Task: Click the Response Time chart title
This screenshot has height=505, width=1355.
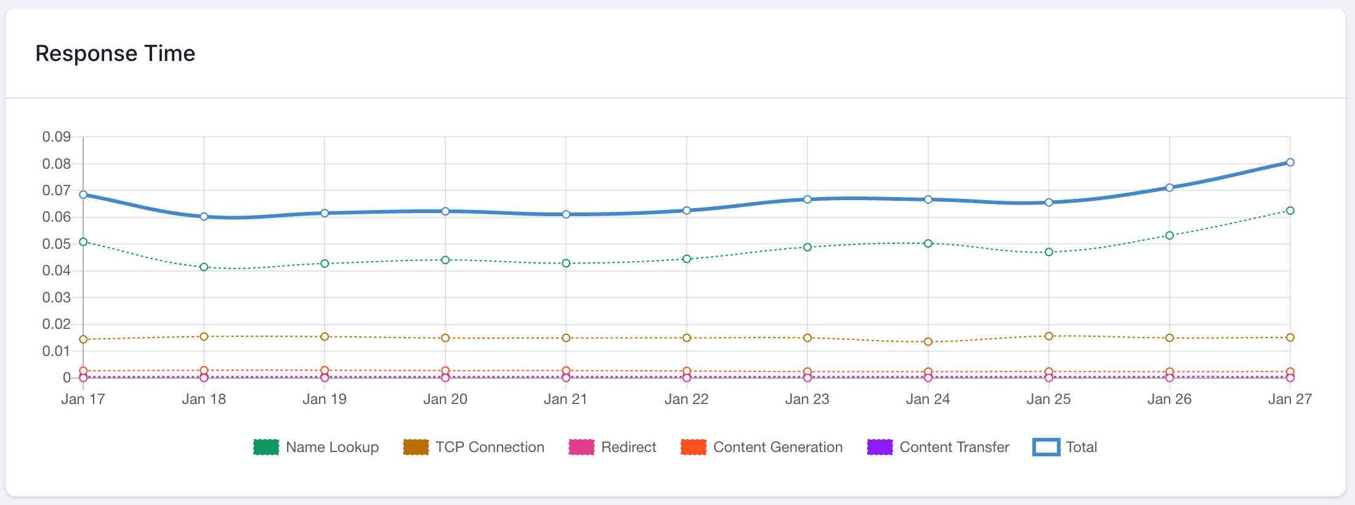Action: (115, 54)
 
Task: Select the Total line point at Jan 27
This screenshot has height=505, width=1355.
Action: (1290, 163)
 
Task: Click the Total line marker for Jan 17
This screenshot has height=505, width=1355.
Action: (83, 195)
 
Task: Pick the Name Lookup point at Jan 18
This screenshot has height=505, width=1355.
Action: (204, 267)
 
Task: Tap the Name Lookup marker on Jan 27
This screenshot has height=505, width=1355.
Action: (1290, 211)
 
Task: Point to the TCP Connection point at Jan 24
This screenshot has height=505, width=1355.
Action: (928, 342)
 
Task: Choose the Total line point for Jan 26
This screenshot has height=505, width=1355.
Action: (1169, 188)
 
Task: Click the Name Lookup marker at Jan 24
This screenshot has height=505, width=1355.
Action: (928, 244)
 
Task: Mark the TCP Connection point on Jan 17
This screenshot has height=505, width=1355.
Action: (83, 339)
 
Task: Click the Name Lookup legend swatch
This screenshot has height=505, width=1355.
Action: (266, 447)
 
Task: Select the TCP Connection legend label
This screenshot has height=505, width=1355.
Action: (490, 447)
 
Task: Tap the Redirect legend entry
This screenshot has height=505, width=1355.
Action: (628, 447)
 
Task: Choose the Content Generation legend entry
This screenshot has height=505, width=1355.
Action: (777, 447)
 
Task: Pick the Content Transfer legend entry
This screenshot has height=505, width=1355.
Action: (954, 447)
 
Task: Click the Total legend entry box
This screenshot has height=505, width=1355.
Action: (1046, 447)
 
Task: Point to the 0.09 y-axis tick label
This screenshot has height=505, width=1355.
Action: (56, 137)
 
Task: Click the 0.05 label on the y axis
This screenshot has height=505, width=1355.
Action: (56, 244)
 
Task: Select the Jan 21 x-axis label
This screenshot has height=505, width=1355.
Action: (565, 399)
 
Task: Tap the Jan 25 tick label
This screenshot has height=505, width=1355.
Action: (1048, 399)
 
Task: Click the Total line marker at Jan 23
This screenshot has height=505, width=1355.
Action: (807, 200)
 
